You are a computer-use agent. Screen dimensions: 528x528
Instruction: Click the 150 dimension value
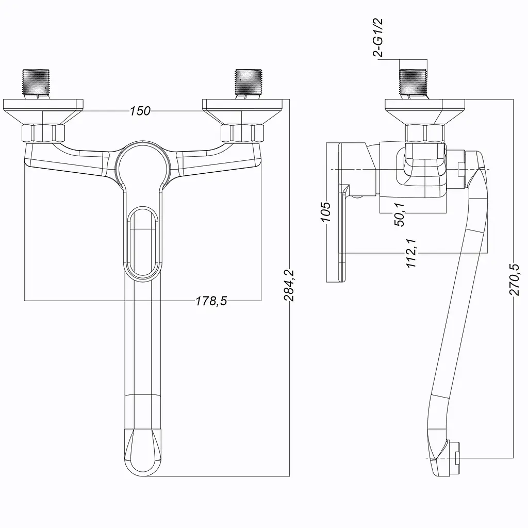point(140,111)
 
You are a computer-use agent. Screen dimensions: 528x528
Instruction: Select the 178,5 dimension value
point(211,301)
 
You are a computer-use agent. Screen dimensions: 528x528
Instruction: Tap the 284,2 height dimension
point(289,285)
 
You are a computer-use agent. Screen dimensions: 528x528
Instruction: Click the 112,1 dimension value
point(411,253)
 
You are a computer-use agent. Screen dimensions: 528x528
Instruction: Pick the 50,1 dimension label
point(400,214)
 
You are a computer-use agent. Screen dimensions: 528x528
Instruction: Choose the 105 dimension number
point(326,212)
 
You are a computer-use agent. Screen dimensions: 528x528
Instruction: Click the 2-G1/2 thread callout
point(378,38)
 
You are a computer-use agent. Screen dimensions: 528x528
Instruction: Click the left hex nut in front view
point(43,133)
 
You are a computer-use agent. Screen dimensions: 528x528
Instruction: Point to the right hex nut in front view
point(242,133)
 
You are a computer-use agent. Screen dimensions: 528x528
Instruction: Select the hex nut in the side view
point(425,133)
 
